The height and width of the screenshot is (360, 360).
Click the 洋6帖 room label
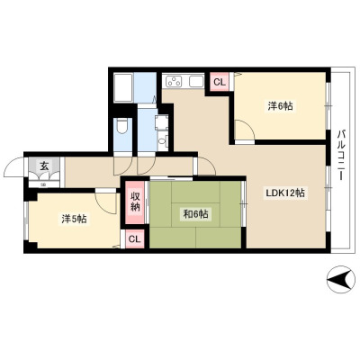(280, 106)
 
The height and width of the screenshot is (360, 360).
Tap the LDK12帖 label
(285, 193)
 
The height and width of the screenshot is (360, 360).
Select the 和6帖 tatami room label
(195, 214)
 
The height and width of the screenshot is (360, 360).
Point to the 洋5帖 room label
(74, 220)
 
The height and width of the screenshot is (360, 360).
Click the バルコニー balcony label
(340, 155)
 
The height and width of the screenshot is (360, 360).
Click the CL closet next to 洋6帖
(219, 82)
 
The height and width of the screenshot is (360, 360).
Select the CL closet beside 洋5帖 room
(134, 239)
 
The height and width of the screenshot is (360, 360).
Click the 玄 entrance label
(44, 166)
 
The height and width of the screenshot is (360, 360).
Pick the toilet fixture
(122, 125)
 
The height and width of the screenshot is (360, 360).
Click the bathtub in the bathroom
(124, 88)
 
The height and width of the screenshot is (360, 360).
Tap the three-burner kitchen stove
(174, 81)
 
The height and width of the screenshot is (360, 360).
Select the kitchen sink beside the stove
(196, 81)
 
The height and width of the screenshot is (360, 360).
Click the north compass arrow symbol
(340, 281)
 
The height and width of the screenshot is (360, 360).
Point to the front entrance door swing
(14, 166)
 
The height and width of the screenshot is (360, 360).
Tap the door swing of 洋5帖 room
(105, 202)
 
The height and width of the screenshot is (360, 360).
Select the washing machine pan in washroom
(161, 122)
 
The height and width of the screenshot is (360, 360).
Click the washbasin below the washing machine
(162, 141)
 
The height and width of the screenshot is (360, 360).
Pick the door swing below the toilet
(123, 165)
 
